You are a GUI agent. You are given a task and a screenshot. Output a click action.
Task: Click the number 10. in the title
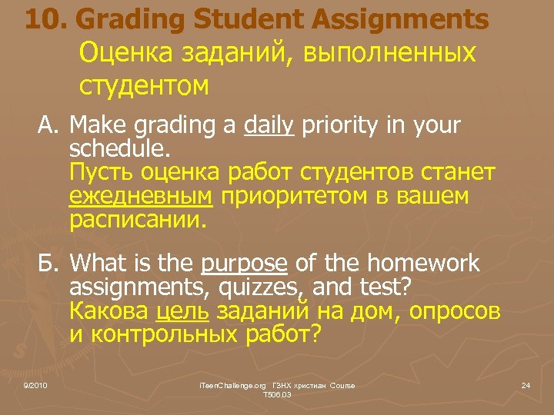point(47,20)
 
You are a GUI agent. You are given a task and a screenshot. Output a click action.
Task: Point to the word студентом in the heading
point(143,85)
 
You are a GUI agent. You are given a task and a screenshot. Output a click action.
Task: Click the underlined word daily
point(269,125)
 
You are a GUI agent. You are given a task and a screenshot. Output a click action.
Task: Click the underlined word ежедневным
point(141,197)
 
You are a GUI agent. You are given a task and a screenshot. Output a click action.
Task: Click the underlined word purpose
point(244,264)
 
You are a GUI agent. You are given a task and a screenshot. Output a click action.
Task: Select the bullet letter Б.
point(49,264)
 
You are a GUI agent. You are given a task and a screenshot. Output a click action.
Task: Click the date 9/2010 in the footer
point(35,384)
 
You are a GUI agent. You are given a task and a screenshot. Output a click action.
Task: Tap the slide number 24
point(526,384)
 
